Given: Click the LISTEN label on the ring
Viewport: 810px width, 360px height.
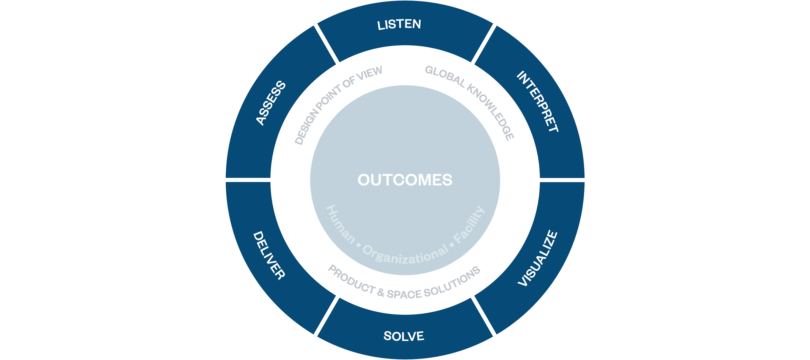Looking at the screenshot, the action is point(399,24).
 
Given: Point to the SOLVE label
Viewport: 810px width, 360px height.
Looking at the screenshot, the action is point(404,336).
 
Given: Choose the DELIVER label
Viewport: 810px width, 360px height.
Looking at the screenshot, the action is point(269,255).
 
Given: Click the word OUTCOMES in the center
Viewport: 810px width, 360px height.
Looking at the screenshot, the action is point(405,180).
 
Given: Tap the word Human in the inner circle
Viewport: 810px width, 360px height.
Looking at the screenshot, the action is point(341,224).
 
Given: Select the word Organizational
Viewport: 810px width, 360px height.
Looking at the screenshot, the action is point(406,254).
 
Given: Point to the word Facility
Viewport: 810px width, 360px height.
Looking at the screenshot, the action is point(469,224).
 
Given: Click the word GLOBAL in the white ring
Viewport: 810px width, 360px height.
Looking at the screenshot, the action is point(445,76).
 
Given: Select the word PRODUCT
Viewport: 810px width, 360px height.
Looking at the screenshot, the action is point(352,279).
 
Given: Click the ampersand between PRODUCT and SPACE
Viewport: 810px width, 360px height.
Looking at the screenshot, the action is point(381,293).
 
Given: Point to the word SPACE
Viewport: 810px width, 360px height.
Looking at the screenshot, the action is point(404,294).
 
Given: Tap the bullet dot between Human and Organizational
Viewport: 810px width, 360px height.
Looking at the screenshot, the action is point(359,245).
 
